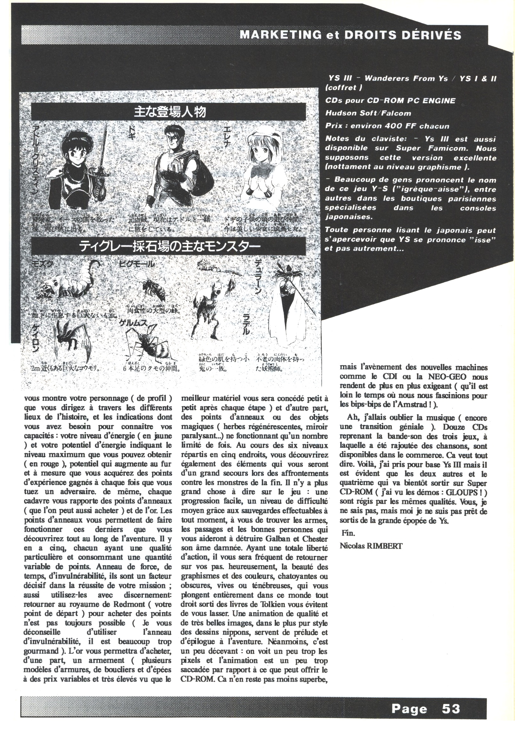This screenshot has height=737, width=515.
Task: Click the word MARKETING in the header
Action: (x=280, y=35)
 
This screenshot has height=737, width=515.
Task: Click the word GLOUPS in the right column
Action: (x=460, y=492)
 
